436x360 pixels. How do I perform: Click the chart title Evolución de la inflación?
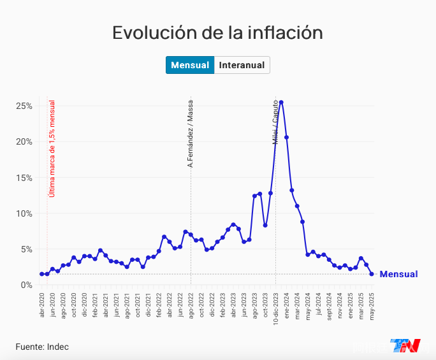(x=217, y=33)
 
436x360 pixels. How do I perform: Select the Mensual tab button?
(x=190, y=65)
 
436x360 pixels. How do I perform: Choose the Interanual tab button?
(x=242, y=65)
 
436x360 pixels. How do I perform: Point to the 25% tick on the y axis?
(x=24, y=106)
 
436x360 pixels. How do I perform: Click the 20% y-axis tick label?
(x=24, y=141)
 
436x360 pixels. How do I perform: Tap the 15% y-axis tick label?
(x=24, y=178)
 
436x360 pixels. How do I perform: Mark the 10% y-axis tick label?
(x=24, y=213)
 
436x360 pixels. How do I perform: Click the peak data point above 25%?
(x=281, y=102)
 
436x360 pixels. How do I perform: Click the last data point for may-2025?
(x=372, y=274)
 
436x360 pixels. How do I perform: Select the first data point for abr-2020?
(x=42, y=274)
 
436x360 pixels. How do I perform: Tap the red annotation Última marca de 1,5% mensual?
(x=52, y=148)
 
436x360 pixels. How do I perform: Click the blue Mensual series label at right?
(x=398, y=275)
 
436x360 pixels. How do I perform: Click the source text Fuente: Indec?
(x=42, y=347)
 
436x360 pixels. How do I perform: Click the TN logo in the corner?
(x=405, y=345)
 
